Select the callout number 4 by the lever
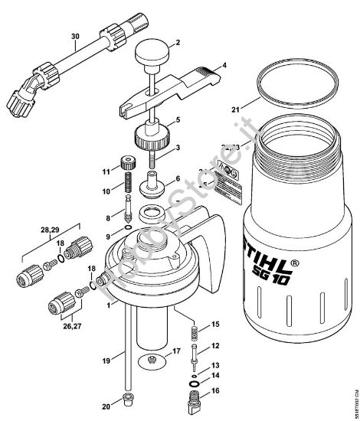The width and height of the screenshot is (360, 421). (x=224, y=67)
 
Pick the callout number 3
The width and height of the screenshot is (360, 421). (x=178, y=147)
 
